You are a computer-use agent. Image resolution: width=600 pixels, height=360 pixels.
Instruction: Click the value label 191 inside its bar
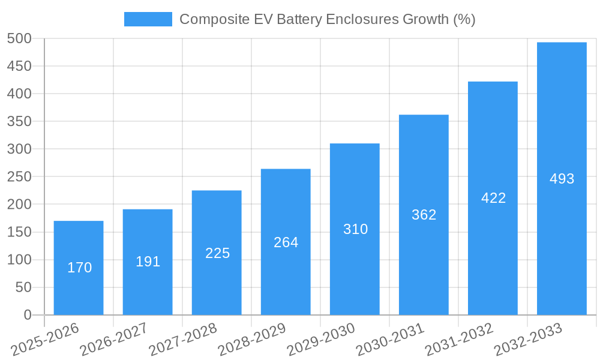click(148, 262)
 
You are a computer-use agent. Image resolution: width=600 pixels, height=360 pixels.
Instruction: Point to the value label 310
click(355, 229)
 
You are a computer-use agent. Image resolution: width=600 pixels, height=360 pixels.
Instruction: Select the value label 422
click(493, 198)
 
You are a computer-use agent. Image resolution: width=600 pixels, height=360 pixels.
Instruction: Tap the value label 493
click(562, 179)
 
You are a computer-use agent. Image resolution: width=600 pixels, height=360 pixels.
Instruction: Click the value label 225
click(217, 253)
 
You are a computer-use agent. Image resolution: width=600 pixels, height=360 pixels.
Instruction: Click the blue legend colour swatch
click(148, 19)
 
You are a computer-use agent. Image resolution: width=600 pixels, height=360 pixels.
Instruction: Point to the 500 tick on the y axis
click(19, 39)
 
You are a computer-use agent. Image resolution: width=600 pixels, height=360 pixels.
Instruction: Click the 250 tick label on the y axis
click(19, 177)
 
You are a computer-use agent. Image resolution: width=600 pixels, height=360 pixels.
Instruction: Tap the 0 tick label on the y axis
click(27, 315)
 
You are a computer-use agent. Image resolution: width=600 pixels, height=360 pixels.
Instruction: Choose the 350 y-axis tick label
click(19, 122)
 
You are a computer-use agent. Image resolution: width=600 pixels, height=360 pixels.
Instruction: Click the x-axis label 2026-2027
click(113, 340)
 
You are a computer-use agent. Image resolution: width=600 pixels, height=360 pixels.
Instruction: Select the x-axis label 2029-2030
click(320, 340)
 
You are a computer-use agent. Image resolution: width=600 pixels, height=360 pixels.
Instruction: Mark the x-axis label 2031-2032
click(458, 340)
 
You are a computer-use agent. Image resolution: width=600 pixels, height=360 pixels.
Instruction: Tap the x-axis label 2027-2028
click(182, 340)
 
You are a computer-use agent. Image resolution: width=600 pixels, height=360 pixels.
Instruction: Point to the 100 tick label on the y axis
click(19, 260)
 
